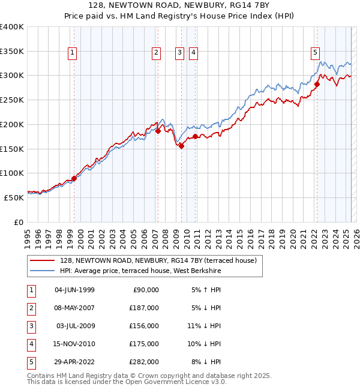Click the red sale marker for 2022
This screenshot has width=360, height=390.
pyautogui.click(x=317, y=84)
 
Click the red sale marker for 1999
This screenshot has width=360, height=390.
pyautogui.click(x=74, y=178)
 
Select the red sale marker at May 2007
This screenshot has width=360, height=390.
pyautogui.click(x=158, y=130)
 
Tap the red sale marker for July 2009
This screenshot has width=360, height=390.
pyautogui.click(x=181, y=145)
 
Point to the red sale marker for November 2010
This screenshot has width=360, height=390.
pyautogui.click(x=196, y=137)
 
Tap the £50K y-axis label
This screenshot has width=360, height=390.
pyautogui.click(x=14, y=197)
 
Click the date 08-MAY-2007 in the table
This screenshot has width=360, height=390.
pyautogui.click(x=74, y=308)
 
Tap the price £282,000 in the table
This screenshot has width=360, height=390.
pyautogui.click(x=145, y=362)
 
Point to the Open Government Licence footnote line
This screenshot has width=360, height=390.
pyautogui.click(x=127, y=382)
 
